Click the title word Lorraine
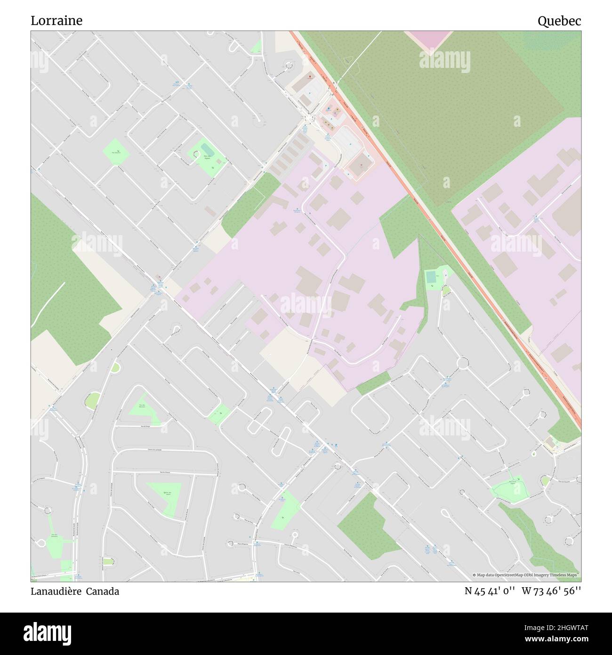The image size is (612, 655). [56, 21]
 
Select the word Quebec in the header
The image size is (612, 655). [559, 21]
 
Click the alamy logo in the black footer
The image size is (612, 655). [47, 633]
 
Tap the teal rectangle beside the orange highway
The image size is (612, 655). [431, 277]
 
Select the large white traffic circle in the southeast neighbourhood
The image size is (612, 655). [464, 363]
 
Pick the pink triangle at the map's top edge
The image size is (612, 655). [429, 38]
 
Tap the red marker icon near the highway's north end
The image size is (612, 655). [310, 76]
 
